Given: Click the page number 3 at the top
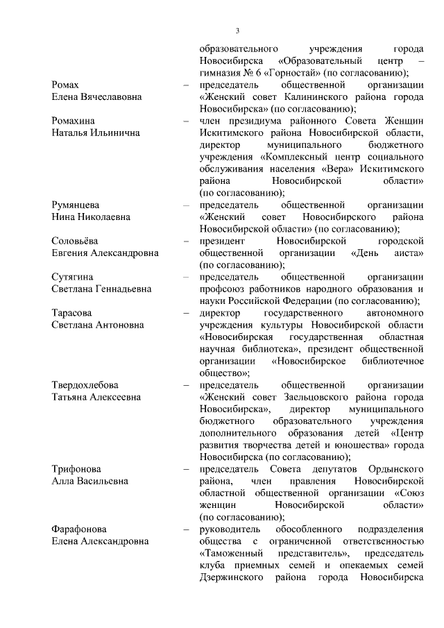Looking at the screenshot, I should click(237, 31).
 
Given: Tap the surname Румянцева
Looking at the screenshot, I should click(76, 205).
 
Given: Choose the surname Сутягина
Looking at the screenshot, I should click(72, 277).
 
